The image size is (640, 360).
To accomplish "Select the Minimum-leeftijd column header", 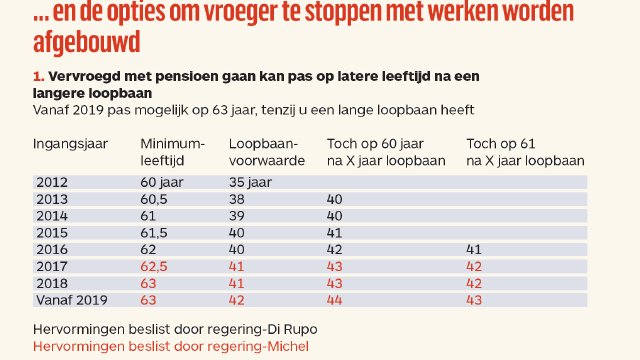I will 172,152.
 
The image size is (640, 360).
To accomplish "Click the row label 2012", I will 52,182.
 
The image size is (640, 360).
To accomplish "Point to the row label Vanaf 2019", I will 71,298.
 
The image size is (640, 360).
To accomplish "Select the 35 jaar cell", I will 251,182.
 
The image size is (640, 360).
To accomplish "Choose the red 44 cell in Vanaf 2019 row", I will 335,298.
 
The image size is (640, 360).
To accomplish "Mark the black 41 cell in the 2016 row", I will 475,249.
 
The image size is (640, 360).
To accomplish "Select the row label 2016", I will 52,249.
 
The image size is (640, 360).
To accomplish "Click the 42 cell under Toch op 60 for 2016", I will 335,249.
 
